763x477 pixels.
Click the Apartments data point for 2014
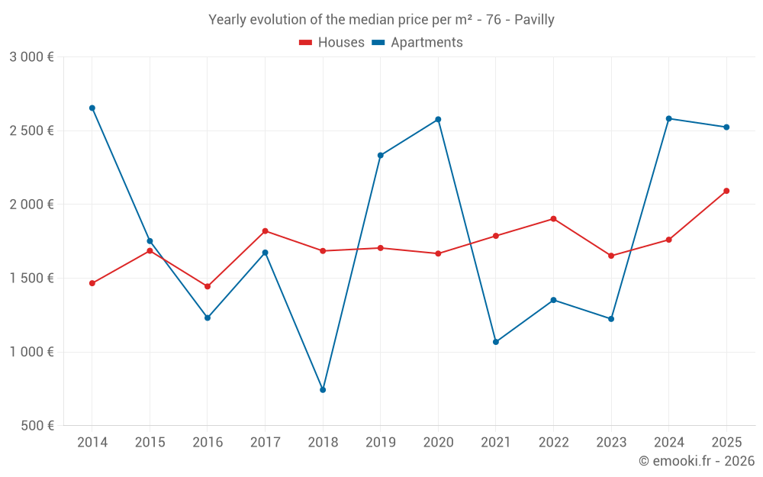(92, 108)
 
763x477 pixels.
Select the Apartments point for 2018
(323, 390)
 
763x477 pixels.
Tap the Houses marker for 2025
(726, 191)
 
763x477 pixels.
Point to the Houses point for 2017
(266, 231)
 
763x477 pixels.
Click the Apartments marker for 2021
(496, 342)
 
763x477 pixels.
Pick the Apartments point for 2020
(438, 120)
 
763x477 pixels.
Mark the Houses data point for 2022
(554, 219)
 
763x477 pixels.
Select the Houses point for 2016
(208, 287)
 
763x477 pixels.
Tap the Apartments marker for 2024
(669, 118)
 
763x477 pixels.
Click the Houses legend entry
(332, 43)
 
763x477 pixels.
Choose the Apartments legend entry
(417, 43)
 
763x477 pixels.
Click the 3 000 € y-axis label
(31, 57)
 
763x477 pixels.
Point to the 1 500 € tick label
(31, 279)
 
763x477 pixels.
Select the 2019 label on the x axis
(381, 443)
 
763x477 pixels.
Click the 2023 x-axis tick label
(611, 443)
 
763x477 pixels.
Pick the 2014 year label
(92, 443)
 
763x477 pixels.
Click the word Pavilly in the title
(534, 20)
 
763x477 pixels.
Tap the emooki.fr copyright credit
(697, 461)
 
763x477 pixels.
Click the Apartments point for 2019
(381, 156)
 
